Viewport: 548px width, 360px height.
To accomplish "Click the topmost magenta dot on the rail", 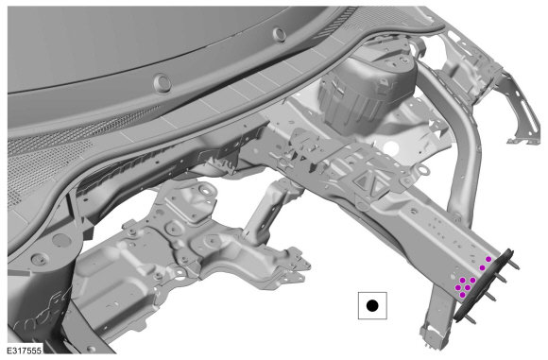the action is click(x=488, y=259).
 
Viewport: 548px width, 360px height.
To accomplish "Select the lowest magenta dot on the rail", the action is click(x=463, y=295).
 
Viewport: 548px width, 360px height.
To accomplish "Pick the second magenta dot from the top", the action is click(x=482, y=267).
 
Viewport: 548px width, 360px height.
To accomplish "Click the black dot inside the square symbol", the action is click(x=372, y=306).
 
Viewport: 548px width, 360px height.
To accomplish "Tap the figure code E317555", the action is click(x=25, y=351).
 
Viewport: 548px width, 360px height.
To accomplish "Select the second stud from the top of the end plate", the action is click(x=501, y=278).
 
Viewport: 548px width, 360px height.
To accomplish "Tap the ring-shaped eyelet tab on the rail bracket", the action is click(x=423, y=171).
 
